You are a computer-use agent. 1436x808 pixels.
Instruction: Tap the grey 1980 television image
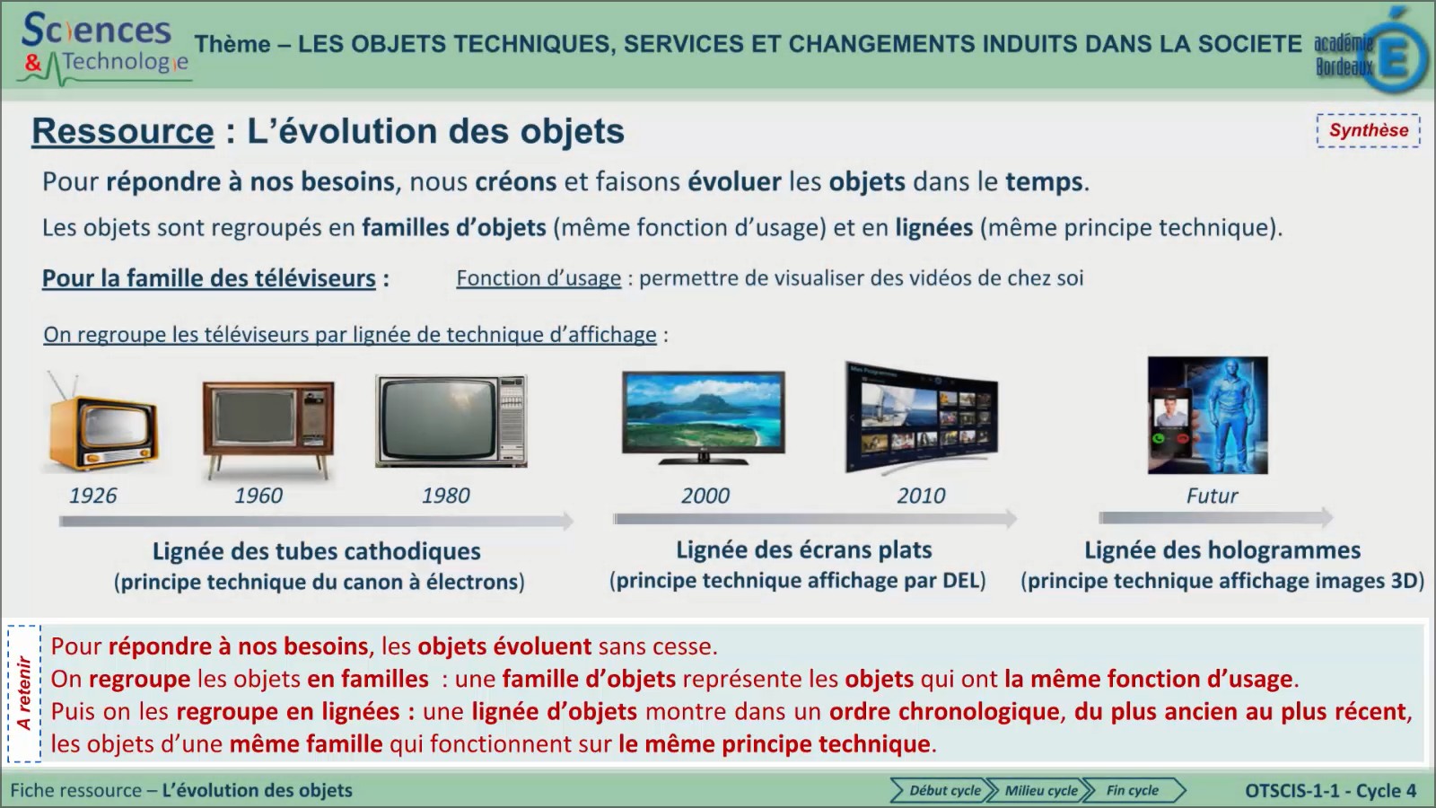pyautogui.click(x=451, y=420)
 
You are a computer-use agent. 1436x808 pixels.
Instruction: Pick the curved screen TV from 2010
pyautogui.click(x=922, y=417)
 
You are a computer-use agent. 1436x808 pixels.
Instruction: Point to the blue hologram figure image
pyautogui.click(x=1208, y=415)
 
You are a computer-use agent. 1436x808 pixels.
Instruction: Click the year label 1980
pyautogui.click(x=445, y=496)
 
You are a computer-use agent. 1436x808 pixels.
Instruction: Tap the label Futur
pyautogui.click(x=1212, y=496)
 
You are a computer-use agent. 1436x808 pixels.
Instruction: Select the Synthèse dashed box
pyautogui.click(x=1368, y=130)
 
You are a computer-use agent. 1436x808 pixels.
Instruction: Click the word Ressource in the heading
pyautogui.click(x=123, y=131)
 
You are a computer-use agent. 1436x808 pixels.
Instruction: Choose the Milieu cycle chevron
pyautogui.click(x=1038, y=790)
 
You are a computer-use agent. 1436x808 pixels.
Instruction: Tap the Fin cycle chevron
pyautogui.click(x=1134, y=790)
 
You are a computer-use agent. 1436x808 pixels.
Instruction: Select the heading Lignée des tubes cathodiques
pyautogui.click(x=316, y=550)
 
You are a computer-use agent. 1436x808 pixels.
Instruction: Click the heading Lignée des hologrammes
pyautogui.click(x=1221, y=549)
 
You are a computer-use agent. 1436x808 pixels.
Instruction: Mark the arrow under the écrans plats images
pyautogui.click(x=814, y=518)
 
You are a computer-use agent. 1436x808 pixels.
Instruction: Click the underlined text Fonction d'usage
pyautogui.click(x=538, y=278)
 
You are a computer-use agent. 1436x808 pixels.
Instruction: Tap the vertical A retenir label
pyautogui.click(x=24, y=693)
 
